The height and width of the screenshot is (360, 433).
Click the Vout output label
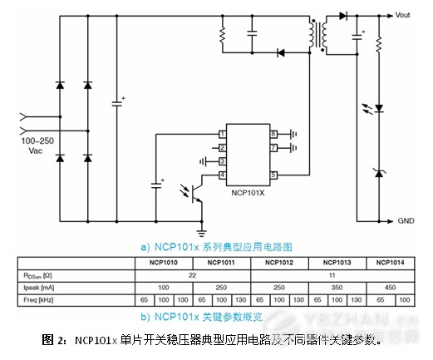tap(403, 15)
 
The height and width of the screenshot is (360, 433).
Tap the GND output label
tap(405, 221)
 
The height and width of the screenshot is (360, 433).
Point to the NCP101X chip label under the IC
tap(248, 191)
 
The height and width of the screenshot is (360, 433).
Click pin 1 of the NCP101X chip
tap(223, 134)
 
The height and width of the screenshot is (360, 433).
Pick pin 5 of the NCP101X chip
tap(273, 175)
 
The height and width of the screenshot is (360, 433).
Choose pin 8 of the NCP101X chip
tap(273, 134)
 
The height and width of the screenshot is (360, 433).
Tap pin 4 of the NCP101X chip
tap(223, 175)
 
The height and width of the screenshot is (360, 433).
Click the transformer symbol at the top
tap(318, 34)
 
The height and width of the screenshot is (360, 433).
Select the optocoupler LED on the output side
tap(379, 108)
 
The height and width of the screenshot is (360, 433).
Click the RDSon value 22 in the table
tap(193, 274)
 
